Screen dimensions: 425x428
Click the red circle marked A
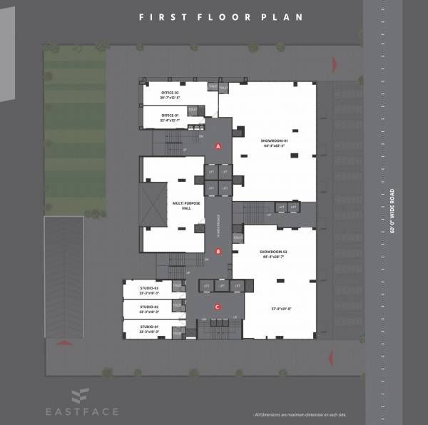pos(218,145)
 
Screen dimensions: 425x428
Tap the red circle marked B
pos(218,251)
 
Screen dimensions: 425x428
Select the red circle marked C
pos(218,307)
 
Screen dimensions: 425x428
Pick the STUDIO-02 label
pos(149,309)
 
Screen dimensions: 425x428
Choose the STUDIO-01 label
pos(149,329)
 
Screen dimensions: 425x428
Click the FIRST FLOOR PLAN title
pos(220,16)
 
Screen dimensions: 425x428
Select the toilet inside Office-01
pos(192,110)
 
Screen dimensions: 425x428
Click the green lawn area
pos(75,128)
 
